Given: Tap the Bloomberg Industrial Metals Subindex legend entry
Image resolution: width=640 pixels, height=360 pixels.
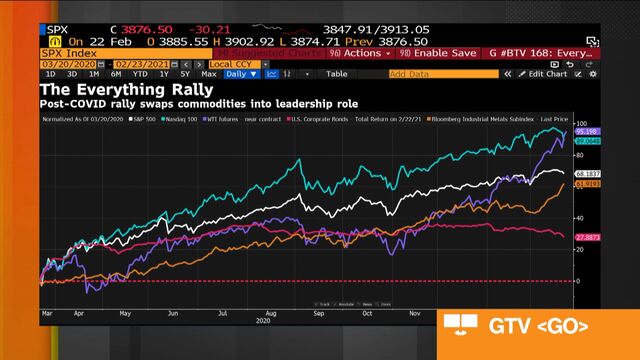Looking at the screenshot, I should point(480,119).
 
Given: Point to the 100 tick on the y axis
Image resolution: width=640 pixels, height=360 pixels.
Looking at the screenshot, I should point(580,124).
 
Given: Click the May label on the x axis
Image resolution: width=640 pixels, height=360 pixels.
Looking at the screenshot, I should point(124,313).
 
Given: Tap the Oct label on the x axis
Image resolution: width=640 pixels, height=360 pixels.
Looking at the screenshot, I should point(367,313).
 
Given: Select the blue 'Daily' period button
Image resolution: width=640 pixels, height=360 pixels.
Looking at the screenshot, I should point(240,74).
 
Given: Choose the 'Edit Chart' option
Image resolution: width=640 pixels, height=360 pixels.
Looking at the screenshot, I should point(546,74).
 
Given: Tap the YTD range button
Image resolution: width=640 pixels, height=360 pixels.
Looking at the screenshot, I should point(137,74).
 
